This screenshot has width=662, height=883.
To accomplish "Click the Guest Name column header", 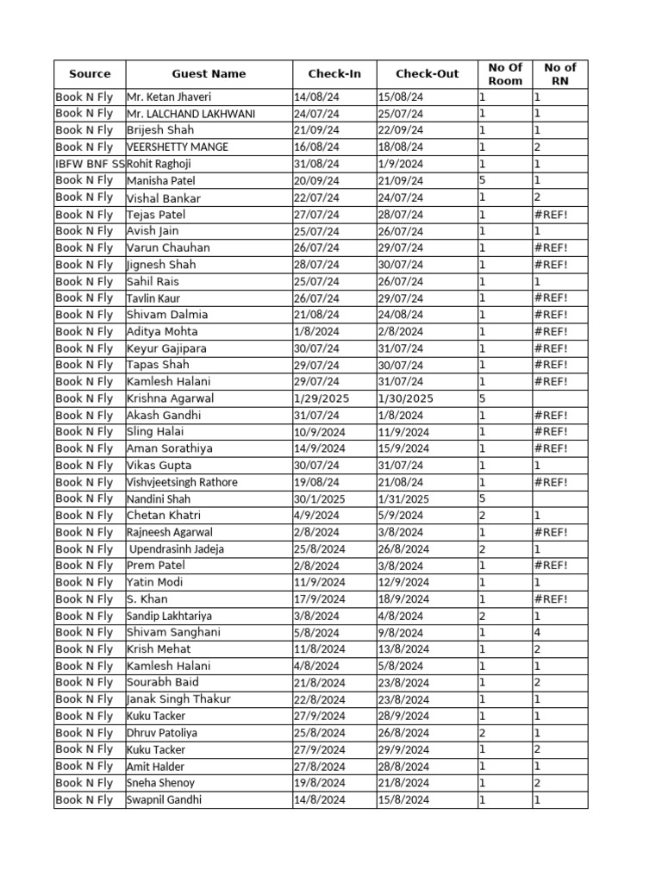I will [209, 74].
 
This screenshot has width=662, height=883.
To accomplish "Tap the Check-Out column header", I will [427, 74].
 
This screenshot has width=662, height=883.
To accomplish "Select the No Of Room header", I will [505, 74].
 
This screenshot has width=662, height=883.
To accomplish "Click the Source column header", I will [90, 74].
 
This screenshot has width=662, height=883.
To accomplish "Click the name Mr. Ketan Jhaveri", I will [169, 97].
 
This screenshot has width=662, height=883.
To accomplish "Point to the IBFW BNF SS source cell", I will [90, 164].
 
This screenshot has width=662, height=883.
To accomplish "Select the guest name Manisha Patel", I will [161, 181].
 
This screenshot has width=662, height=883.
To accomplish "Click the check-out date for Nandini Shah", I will [403, 499].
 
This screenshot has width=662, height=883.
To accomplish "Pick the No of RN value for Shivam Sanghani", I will [537, 633].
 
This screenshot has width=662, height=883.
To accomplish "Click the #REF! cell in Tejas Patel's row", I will [551, 215].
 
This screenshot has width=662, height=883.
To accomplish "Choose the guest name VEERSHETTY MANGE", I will [178, 147].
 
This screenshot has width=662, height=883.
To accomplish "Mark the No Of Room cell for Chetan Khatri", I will [483, 516].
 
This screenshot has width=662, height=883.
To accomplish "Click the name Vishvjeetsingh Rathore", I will [182, 483].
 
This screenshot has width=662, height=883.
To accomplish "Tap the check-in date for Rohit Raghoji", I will [316, 164].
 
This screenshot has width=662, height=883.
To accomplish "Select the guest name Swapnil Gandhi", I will [165, 800].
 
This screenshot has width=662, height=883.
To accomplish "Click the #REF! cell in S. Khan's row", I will [551, 599].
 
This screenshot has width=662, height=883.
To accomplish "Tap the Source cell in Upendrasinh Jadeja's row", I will [84, 549].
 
